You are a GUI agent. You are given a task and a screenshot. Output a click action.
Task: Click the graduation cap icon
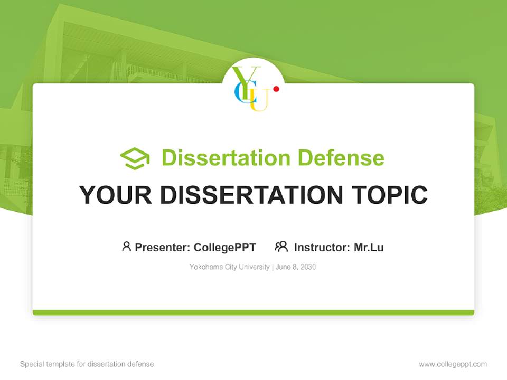[x=135, y=158]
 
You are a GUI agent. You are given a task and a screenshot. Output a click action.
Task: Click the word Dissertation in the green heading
[x=226, y=158]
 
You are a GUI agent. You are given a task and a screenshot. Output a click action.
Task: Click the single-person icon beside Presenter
[x=126, y=246]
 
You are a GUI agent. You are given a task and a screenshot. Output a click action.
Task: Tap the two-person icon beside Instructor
[x=281, y=246]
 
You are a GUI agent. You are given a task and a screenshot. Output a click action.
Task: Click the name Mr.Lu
[x=369, y=247]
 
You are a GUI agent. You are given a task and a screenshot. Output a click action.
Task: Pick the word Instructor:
[x=322, y=247]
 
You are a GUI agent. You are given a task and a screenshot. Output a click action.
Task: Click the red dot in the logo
[x=276, y=89]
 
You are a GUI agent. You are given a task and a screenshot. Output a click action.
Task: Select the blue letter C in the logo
[x=239, y=93]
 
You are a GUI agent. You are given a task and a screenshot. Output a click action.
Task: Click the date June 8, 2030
[x=296, y=267]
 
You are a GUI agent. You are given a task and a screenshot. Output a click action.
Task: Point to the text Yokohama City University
[x=229, y=267]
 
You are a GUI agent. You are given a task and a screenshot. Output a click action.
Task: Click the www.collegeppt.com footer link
[x=453, y=364]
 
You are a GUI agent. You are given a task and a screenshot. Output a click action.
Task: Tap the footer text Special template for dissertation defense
[x=87, y=364]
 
